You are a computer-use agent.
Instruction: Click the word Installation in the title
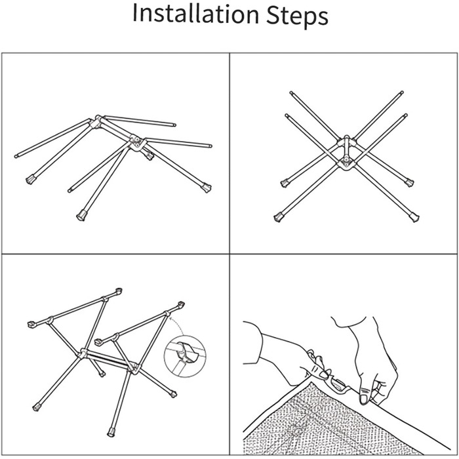coord(196,14)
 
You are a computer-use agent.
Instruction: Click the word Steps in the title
coord(297,15)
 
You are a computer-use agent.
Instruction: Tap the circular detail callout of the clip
coord(185,356)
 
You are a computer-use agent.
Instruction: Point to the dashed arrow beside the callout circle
coord(176,325)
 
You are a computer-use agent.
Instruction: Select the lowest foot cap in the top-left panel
coord(81,216)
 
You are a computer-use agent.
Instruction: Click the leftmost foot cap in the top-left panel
coord(30,179)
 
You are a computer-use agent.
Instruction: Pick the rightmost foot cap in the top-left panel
coord(207,188)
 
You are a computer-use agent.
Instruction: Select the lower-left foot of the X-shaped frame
coord(279,218)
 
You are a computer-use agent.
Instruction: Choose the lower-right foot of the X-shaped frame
coord(414,218)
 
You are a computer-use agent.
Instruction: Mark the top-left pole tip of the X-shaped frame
coord(291,93)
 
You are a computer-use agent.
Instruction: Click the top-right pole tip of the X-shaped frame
coord(401,92)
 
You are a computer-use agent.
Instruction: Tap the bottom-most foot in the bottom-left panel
coord(111,432)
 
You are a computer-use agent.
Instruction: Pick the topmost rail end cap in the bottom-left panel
coord(119,290)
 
